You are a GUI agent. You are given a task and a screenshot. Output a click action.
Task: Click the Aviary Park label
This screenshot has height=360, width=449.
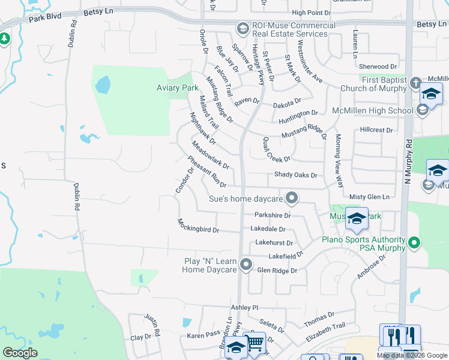(x=173, y=88)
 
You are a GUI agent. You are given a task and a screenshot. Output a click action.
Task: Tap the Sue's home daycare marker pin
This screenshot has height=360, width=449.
(x=292, y=198)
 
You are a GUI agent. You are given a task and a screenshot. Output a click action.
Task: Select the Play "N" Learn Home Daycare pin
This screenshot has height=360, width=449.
(x=246, y=264)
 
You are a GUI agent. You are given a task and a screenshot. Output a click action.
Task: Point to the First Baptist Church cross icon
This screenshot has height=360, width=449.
(x=415, y=83)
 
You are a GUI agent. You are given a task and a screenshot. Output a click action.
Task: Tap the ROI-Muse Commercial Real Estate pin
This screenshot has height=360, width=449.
(x=243, y=29)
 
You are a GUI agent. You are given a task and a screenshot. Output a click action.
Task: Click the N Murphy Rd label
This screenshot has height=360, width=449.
(x=408, y=162)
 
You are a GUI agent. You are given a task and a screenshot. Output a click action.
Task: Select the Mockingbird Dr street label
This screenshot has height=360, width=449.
(x=198, y=226)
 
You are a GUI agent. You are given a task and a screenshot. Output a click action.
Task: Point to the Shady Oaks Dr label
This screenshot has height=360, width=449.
(x=295, y=175)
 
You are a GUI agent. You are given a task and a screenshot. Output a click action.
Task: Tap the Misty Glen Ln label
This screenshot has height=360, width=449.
(x=369, y=197)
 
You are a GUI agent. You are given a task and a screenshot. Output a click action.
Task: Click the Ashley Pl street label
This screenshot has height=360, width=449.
(x=244, y=307)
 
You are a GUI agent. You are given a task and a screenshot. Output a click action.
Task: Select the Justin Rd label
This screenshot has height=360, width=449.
(x=152, y=324)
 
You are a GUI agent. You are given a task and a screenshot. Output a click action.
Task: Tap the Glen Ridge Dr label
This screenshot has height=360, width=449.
(x=277, y=271)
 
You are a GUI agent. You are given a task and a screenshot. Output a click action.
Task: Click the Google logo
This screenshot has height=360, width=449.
(x=20, y=353)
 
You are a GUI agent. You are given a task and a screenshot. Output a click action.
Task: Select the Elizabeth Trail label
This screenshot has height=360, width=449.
(x=326, y=333)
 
